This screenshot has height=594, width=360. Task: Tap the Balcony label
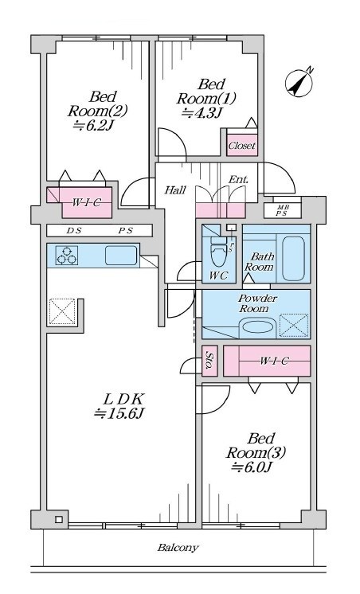point(178,547)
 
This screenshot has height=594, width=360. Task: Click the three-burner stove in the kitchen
point(67,255)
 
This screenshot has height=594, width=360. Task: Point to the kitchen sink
point(121,255)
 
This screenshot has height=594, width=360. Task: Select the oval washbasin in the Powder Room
point(258,326)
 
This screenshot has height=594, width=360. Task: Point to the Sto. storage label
point(209,361)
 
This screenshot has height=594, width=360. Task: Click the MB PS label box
point(282,211)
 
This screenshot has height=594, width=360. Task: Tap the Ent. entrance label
point(238,179)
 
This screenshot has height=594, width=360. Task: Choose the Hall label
point(175,190)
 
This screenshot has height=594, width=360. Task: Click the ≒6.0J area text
point(252,467)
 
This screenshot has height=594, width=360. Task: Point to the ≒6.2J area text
point(93,125)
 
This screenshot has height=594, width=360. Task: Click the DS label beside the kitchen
point(74,231)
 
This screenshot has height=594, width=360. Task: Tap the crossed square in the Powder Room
point(294,326)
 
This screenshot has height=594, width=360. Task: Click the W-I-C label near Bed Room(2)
point(87,202)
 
